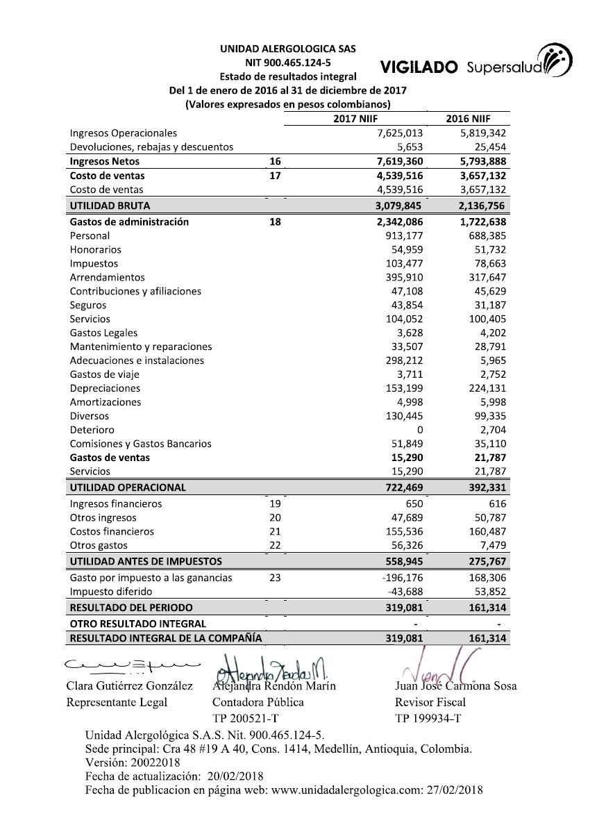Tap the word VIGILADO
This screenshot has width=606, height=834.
tap(419, 67)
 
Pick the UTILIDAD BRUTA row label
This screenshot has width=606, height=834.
tap(110, 206)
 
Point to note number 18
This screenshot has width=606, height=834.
tap(275, 222)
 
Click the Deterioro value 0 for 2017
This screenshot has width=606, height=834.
tap(419, 430)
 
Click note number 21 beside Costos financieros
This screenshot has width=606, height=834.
tap(275, 531)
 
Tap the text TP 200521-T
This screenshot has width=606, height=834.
tap(246, 718)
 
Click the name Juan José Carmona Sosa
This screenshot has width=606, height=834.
tap(455, 686)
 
